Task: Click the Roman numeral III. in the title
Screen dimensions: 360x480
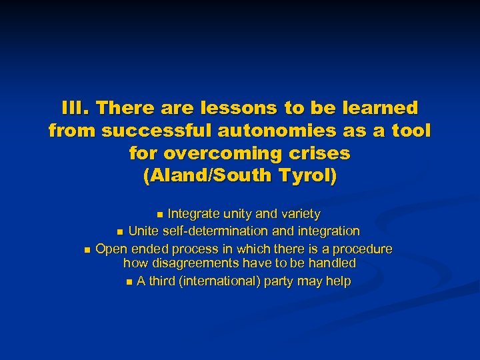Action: (73, 108)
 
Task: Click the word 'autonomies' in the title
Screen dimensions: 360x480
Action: (289, 131)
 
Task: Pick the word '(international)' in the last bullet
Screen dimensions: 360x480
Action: (219, 281)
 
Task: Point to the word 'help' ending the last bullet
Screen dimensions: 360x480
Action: (338, 281)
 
